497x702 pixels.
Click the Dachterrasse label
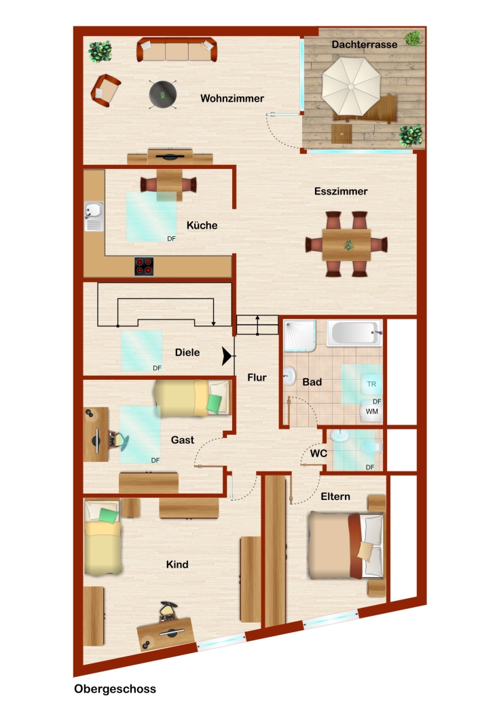365,44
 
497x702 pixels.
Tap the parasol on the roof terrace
351,86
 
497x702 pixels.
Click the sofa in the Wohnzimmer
177,50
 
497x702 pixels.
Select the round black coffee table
163,94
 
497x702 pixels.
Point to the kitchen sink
94,216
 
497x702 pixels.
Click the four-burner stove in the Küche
144,266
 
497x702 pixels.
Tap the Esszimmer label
341,191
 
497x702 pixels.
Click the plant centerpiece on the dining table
348,245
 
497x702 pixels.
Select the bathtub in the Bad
354,333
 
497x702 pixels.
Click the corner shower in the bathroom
300,336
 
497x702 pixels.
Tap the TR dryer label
371,384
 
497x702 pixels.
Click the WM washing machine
372,412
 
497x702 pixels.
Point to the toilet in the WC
371,447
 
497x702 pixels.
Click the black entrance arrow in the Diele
227,356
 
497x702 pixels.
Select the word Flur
257,377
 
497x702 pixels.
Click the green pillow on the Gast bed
215,404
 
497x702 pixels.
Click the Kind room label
177,564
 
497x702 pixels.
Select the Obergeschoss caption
115,688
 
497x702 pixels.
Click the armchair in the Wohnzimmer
105,90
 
